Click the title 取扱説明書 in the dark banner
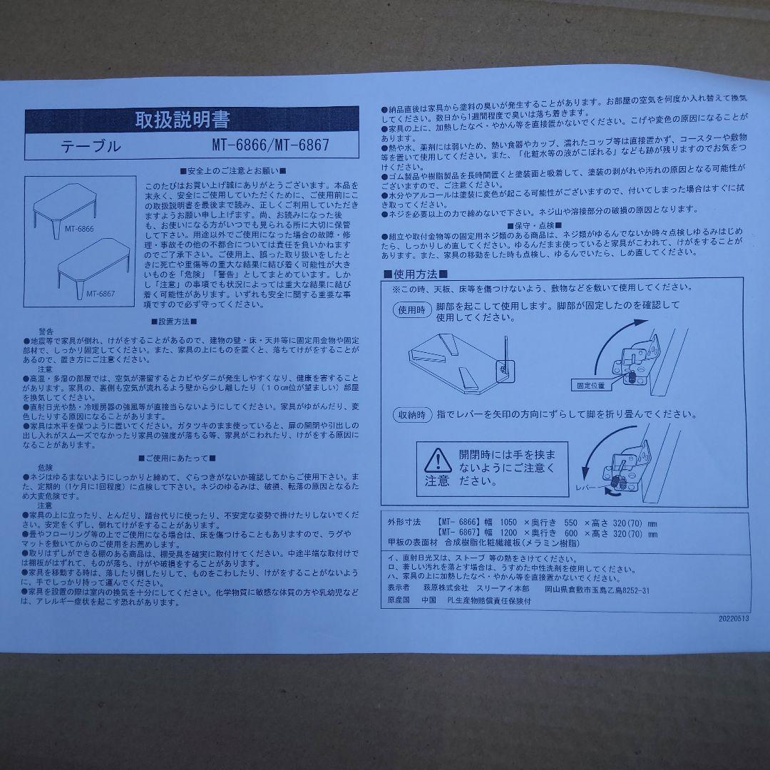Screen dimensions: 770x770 pos(183,119)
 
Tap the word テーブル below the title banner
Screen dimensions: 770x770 pos(91,147)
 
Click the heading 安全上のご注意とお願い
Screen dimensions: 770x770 pos(233,171)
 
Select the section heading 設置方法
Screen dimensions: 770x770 pos(174,322)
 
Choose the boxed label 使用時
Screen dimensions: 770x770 pos(411,310)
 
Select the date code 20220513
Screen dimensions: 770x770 pos(728,619)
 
